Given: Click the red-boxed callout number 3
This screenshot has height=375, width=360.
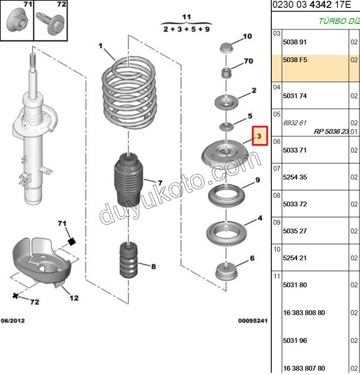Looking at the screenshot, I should (x=259, y=136).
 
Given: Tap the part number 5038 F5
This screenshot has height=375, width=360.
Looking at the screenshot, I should (x=294, y=60).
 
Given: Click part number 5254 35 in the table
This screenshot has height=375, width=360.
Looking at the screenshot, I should (x=294, y=177).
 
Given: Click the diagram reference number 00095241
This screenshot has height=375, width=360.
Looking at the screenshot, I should (x=253, y=321).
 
